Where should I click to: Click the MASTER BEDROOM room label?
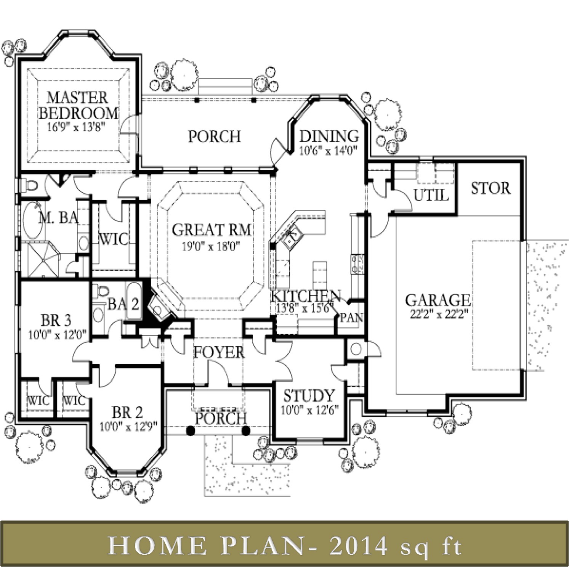click(x=78, y=105)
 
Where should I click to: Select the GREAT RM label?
click(x=212, y=230)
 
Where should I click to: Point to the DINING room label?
click(x=329, y=136)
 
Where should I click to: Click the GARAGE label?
click(x=438, y=300)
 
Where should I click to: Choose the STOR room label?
click(x=490, y=188)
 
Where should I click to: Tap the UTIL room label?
click(x=431, y=195)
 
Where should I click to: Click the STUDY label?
click(x=309, y=396)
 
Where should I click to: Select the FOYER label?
click(x=219, y=352)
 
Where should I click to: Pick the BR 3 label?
click(x=56, y=321)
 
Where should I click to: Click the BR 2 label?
click(x=127, y=412)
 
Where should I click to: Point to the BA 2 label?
click(x=123, y=304)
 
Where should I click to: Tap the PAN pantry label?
click(x=351, y=317)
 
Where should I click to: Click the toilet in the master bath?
click(x=31, y=186)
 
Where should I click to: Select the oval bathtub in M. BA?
click(x=33, y=220)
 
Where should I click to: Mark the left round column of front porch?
click(x=191, y=430)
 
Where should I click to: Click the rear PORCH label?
click(x=214, y=136)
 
